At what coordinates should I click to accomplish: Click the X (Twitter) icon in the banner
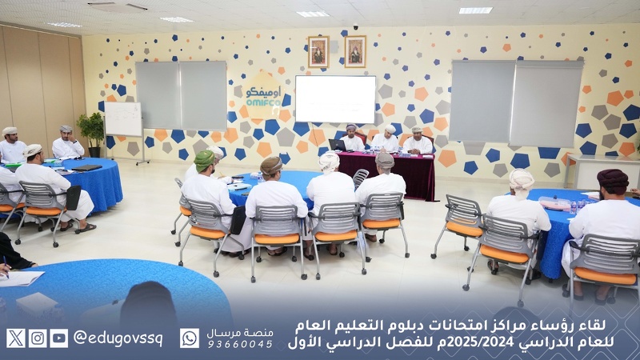15,338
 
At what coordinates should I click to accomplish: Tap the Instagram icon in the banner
38,338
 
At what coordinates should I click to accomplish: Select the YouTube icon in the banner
59,338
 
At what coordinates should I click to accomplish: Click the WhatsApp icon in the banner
190,338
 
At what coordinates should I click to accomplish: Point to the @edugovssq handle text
118,338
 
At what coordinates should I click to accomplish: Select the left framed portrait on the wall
318,52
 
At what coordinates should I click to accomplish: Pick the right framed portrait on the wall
355,51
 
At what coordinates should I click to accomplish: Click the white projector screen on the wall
335,99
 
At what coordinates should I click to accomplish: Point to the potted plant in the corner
92,131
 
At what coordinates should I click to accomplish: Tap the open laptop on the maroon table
337,145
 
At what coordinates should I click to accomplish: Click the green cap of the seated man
205,158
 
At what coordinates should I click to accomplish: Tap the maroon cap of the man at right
613,178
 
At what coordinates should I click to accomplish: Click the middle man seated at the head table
386,139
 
